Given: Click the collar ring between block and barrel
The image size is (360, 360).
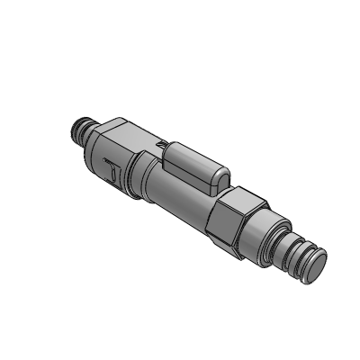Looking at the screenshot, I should click(141, 176).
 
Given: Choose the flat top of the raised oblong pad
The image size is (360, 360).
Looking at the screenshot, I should click(193, 158).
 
